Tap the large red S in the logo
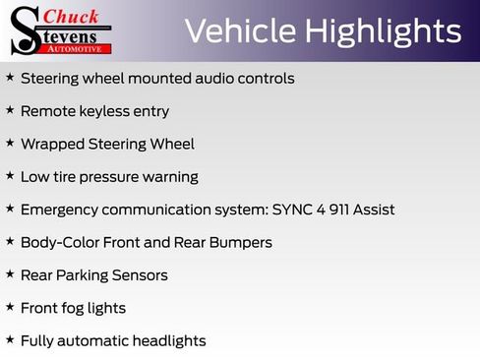pyautogui.click(x=25, y=30)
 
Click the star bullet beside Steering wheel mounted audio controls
pyautogui.click(x=10, y=77)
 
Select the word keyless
pyautogui.click(x=104, y=111)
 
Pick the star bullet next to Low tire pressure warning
pyautogui.click(x=10, y=175)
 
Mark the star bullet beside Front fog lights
pyautogui.click(x=10, y=307)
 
